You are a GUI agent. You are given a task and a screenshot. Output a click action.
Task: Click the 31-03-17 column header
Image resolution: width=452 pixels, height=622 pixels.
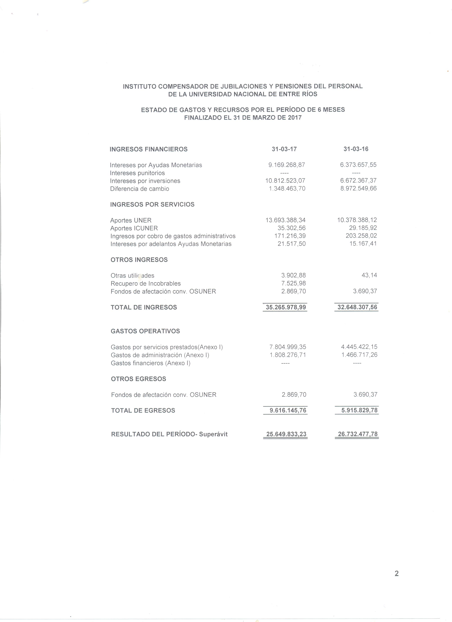284,149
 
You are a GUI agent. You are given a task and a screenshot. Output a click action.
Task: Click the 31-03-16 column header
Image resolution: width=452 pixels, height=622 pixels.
356,149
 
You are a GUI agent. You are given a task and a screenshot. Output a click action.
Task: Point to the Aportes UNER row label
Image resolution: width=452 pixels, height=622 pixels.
131,220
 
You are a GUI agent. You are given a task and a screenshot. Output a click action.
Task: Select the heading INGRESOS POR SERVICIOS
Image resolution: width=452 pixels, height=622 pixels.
152,205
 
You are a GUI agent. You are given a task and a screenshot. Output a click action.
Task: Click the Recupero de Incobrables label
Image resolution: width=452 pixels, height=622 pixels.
146,284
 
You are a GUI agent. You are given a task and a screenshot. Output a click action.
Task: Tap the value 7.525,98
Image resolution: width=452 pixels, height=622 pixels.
294,283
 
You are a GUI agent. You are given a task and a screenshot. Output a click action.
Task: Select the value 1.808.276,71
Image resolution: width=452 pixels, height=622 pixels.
288,355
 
